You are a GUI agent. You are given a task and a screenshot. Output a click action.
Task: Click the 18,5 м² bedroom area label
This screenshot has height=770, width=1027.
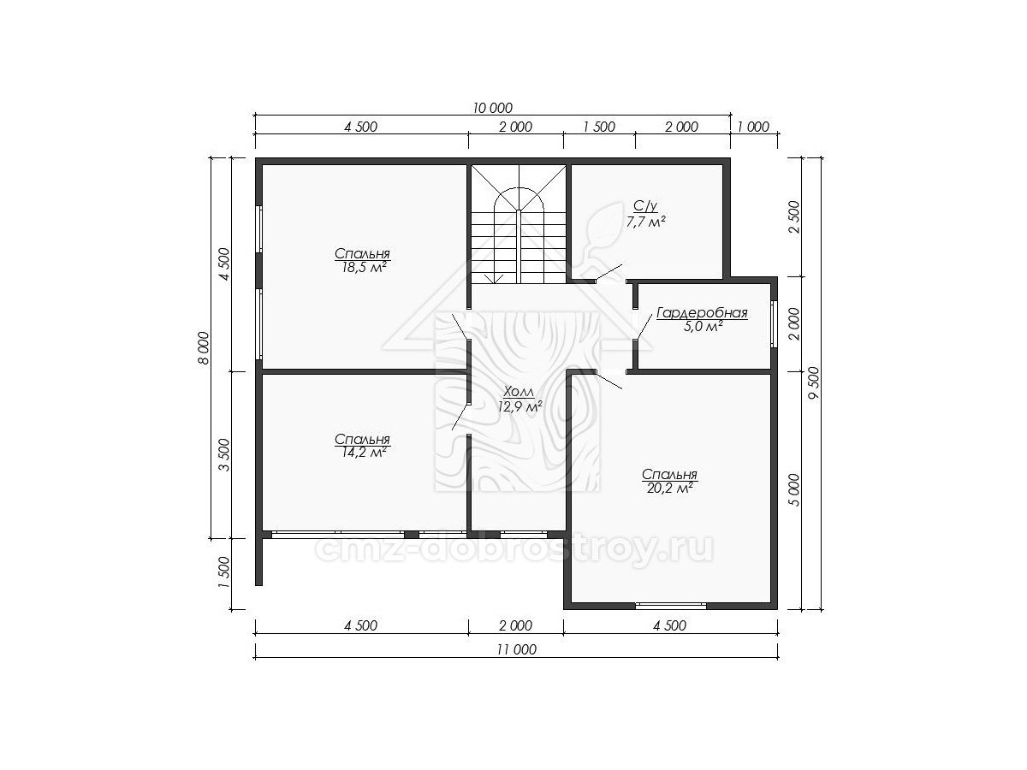point(363,268)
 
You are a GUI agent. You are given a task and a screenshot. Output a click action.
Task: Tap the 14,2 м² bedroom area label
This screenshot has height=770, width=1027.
point(363,453)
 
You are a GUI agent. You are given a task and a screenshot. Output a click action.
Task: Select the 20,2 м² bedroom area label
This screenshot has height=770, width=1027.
point(669,489)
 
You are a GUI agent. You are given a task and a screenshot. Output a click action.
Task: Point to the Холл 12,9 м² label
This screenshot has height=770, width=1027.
point(519,400)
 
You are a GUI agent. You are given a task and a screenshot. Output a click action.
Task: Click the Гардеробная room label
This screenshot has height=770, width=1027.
point(703,313)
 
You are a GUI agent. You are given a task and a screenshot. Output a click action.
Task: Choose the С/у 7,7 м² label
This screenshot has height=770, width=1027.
point(646,214)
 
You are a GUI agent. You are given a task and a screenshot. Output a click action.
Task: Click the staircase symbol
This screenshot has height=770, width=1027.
point(519,223)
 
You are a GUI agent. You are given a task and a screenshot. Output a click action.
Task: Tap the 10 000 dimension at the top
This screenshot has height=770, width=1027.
point(493,108)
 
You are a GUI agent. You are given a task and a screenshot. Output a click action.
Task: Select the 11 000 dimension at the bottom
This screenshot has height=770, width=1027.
point(517,650)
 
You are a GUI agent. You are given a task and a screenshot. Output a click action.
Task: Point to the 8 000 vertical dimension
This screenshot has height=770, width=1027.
point(204,348)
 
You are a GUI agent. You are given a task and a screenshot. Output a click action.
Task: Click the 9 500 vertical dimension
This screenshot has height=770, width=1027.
point(815,383)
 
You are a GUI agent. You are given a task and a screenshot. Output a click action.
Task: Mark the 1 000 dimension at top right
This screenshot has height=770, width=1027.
point(753,127)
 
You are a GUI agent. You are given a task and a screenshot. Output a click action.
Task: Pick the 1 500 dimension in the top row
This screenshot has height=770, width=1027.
point(599,127)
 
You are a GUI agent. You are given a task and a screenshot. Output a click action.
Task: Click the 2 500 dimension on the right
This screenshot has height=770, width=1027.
point(794,217)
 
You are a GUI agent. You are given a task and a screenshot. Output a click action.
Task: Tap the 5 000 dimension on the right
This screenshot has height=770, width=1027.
point(794,490)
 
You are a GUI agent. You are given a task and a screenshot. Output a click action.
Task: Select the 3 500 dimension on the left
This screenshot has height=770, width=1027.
point(224,455)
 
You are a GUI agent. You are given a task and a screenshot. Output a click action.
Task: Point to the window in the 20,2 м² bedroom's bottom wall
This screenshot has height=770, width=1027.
point(671,606)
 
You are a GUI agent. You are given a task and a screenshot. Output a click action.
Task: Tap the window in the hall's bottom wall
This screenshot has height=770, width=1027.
point(524,533)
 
